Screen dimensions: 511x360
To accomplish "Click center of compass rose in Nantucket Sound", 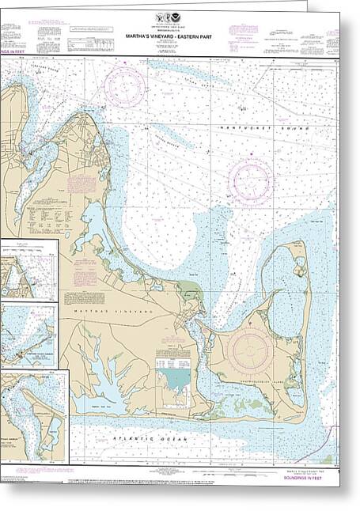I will pyautogui.click(x=251, y=181).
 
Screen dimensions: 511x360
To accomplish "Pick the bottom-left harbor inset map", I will pyautogui.click(x=33, y=416).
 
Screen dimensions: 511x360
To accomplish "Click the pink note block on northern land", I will pyautogui.click(x=81, y=184).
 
